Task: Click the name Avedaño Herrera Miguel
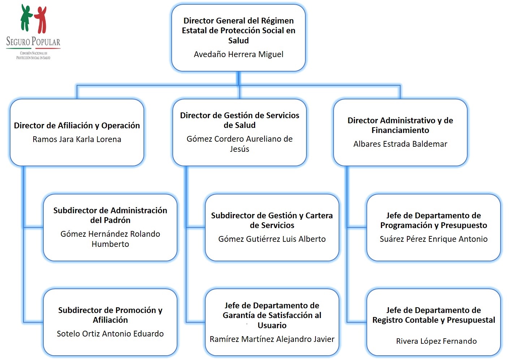click(x=239, y=54)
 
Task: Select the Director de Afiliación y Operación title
click(x=77, y=125)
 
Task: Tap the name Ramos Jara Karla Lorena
click(x=77, y=139)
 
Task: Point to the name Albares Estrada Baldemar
click(x=400, y=144)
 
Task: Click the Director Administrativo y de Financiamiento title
click(x=400, y=125)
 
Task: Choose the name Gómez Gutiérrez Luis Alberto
click(x=272, y=239)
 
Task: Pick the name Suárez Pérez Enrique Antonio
click(x=433, y=239)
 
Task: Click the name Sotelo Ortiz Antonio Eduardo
click(x=110, y=334)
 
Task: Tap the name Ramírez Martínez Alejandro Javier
click(x=272, y=339)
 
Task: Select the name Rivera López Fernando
click(x=436, y=341)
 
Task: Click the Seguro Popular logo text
click(x=33, y=42)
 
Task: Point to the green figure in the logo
click(x=26, y=17)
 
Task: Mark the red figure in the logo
click(x=41, y=19)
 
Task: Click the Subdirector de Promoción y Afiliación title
click(x=110, y=315)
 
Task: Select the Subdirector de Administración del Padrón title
click(x=110, y=215)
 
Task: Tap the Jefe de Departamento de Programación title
click(x=433, y=220)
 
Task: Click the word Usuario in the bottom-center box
click(x=272, y=325)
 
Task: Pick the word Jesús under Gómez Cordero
click(x=239, y=149)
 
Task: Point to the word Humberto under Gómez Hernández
click(x=110, y=244)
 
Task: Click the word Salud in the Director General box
click(x=239, y=40)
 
